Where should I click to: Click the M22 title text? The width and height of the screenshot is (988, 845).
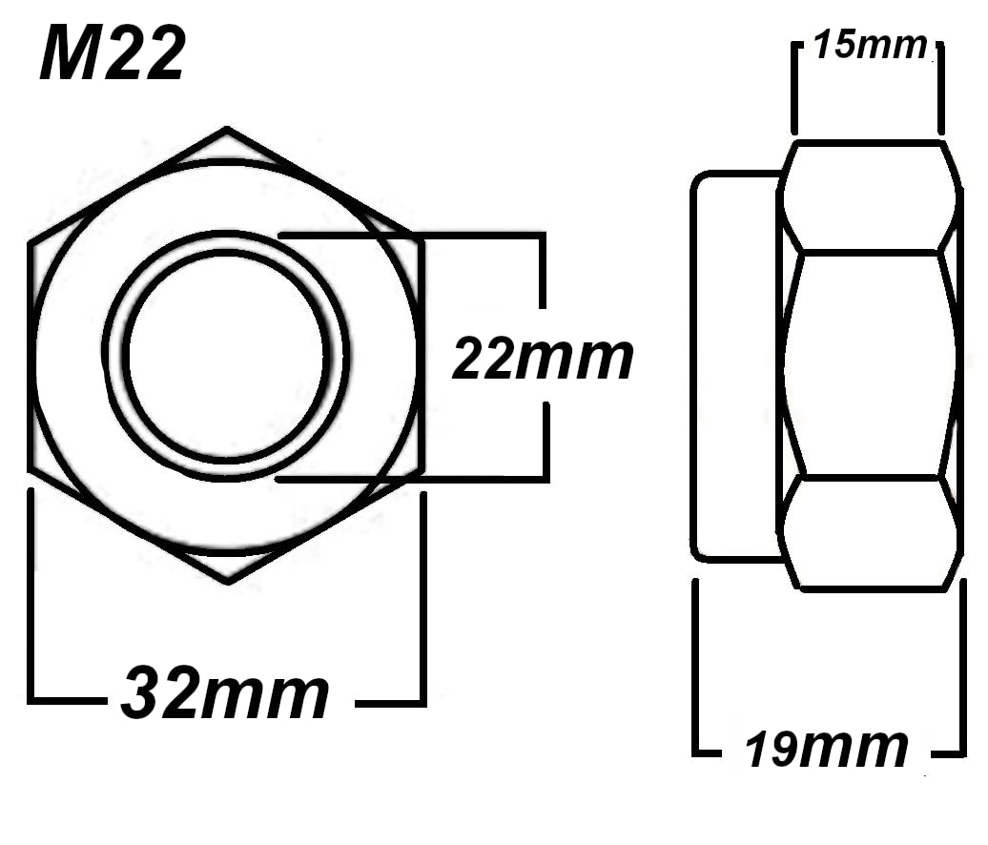click(113, 54)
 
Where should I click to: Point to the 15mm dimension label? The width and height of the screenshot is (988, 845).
click(870, 46)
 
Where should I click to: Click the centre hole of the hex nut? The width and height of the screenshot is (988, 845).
click(226, 356)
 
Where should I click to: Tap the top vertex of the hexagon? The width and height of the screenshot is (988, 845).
click(227, 129)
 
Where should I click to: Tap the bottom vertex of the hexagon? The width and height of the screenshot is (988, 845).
click(228, 581)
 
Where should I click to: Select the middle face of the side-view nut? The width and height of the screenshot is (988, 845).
click(871, 363)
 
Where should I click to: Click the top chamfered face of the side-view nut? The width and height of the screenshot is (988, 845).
click(871, 196)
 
